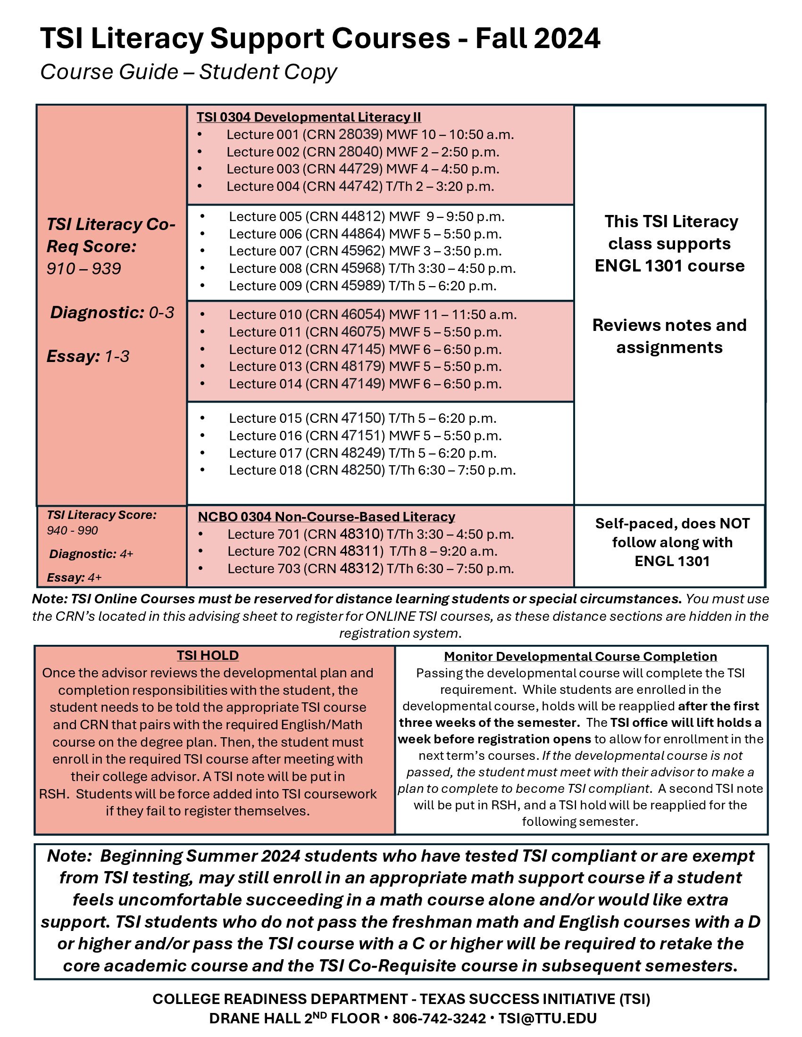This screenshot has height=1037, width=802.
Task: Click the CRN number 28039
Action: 360,134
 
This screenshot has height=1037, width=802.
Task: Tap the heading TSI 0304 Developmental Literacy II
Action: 309,117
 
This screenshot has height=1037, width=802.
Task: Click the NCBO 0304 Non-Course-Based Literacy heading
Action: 326,517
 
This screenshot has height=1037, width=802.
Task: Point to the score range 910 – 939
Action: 84,269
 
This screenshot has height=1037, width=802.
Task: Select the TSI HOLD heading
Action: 208,655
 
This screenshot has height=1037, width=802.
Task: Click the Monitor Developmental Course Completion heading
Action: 580,657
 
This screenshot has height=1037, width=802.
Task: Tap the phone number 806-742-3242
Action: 439,1019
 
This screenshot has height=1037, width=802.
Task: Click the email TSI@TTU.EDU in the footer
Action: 547,1019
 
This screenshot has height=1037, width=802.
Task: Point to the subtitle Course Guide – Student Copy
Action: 188,72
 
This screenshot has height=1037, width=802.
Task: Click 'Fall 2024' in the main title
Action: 537,39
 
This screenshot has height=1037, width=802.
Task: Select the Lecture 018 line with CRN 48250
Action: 372,470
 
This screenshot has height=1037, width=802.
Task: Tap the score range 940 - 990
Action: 72,530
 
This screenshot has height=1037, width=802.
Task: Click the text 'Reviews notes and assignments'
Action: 669,336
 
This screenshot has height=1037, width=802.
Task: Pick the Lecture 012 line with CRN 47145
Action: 365,349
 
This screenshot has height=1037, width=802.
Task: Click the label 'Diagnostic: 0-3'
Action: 112,313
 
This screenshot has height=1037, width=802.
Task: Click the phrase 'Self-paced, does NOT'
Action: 672,523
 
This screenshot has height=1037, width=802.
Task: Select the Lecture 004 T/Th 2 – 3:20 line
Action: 360,186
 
